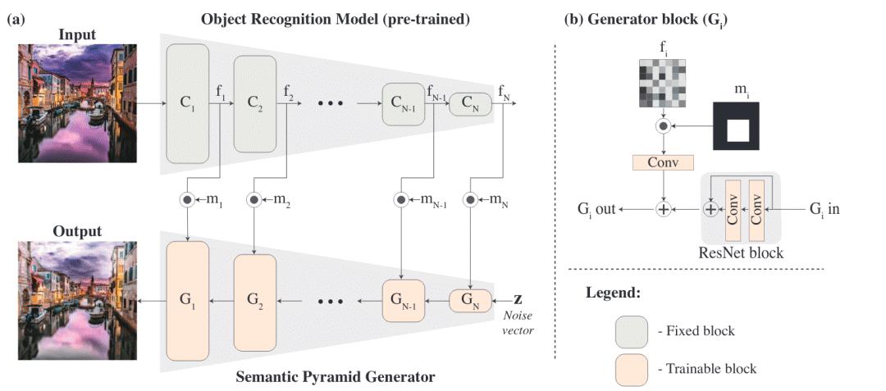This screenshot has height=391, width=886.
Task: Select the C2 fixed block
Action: [255, 104]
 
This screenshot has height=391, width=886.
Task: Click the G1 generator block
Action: [188, 301]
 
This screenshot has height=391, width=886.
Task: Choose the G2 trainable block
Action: [255, 301]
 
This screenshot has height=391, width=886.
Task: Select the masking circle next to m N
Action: [469, 198]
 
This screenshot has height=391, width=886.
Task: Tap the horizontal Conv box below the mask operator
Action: [663, 162]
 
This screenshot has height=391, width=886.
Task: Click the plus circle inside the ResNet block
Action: [711, 210]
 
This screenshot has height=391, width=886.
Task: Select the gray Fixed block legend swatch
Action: [631, 332]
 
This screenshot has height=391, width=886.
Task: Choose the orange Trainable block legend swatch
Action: [631, 368]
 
